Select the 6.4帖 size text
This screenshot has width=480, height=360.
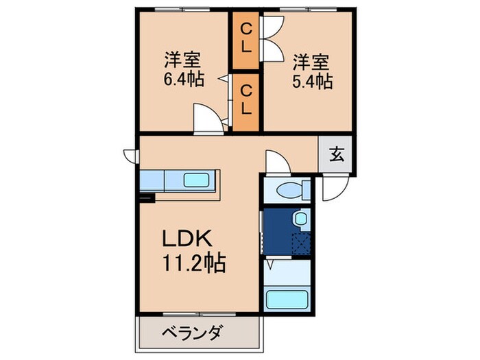pyautogui.click(x=183, y=79)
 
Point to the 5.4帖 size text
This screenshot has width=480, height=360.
pyautogui.click(x=313, y=81)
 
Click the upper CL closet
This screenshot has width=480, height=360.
pyautogui.click(x=245, y=40)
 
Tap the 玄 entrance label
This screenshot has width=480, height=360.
pyautogui.click(x=336, y=154)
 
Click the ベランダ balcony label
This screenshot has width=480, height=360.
pyautogui.click(x=192, y=334)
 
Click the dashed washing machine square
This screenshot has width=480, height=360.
pyautogui.click(x=300, y=243)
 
